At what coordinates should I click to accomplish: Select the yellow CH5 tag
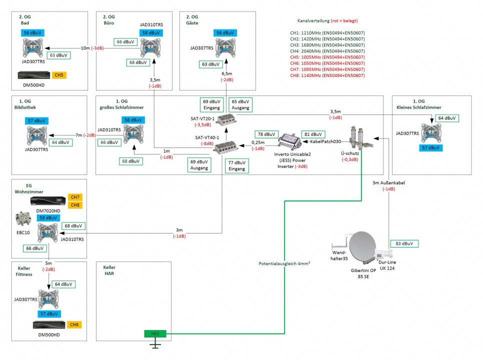(x=59, y=75)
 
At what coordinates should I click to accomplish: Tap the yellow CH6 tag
(x=74, y=324)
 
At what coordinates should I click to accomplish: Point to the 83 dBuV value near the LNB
(x=403, y=243)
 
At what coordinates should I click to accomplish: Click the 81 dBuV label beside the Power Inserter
(x=312, y=134)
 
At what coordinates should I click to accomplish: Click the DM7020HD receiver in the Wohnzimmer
(x=47, y=201)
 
